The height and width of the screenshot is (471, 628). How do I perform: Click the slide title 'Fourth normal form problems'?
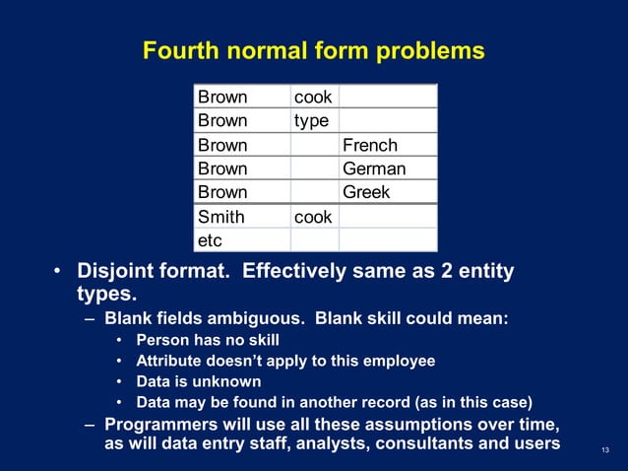point(313,50)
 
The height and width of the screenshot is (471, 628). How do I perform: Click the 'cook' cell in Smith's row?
point(314,216)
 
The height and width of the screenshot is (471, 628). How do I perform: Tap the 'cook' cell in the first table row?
point(314,97)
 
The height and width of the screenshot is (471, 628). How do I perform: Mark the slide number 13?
point(604,451)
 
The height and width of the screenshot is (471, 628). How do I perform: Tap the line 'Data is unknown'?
point(199,380)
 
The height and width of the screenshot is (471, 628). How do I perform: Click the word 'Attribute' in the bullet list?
point(170,361)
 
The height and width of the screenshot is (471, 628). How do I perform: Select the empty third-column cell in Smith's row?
point(388,216)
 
